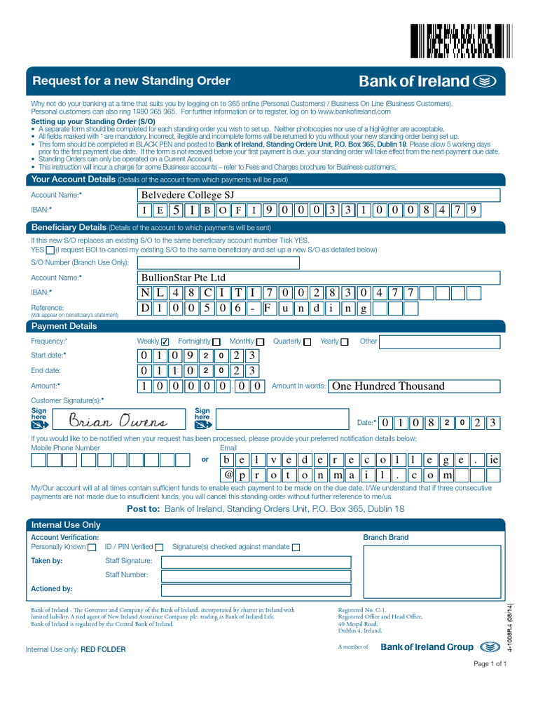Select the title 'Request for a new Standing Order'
pos(132,81)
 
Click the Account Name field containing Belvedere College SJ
pos(318,195)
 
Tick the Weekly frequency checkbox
pos(165,341)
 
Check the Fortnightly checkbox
pos(216,341)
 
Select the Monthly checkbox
pos(260,341)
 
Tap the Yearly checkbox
pos(344,341)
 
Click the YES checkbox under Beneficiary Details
pos(50,250)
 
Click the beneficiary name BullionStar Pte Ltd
pos(184,278)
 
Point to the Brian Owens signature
pos(118,421)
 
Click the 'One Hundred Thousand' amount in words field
pos(415,386)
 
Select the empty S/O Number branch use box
pos(218,263)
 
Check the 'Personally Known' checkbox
pos(92,548)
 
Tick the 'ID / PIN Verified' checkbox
pos(159,548)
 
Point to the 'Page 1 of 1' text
pos(490,664)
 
